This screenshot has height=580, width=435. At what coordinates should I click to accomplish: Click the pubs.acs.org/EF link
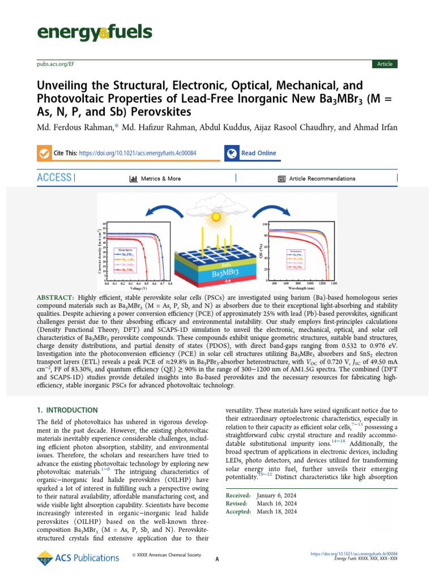(56, 64)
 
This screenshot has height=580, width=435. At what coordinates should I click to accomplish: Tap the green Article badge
(385, 64)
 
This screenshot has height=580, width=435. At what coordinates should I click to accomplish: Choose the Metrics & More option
(156, 178)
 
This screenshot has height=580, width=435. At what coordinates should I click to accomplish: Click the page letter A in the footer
(217, 559)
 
